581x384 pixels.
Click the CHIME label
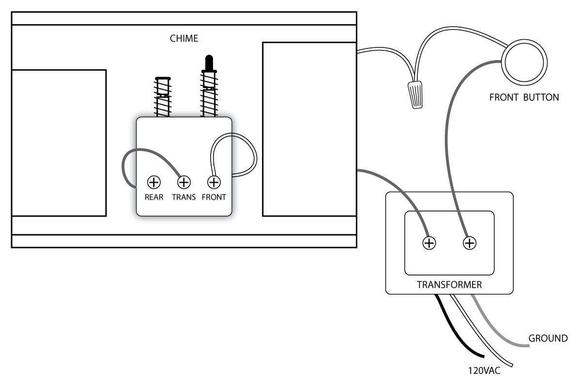(x=184, y=38)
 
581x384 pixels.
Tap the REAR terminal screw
(x=153, y=182)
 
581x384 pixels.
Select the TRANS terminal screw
(x=183, y=182)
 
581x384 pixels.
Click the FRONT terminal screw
(x=214, y=182)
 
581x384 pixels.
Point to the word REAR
(x=153, y=198)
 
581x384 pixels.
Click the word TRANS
(x=183, y=198)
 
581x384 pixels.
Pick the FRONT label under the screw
(x=214, y=198)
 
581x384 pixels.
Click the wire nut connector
(x=414, y=94)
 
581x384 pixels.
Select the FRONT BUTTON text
(x=524, y=97)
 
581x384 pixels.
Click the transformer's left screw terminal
(x=428, y=243)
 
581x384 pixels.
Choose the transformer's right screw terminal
(x=469, y=243)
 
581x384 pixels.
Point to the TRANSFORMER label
(x=449, y=285)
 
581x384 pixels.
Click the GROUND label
(x=548, y=338)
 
